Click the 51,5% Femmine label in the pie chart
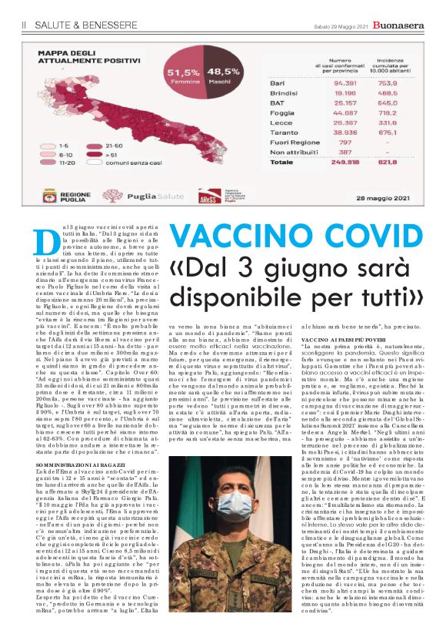click(183, 76)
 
